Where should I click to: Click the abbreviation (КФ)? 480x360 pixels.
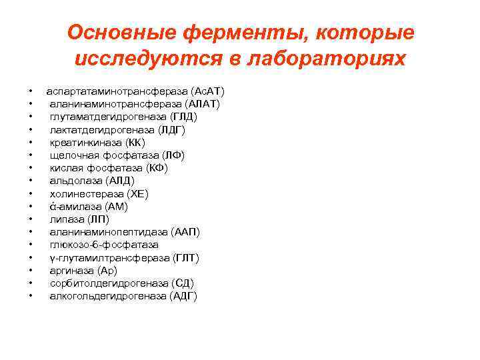point(157,168)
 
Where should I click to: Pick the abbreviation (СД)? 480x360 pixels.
point(183,283)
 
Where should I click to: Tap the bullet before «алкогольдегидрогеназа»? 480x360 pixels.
point(31,296)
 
